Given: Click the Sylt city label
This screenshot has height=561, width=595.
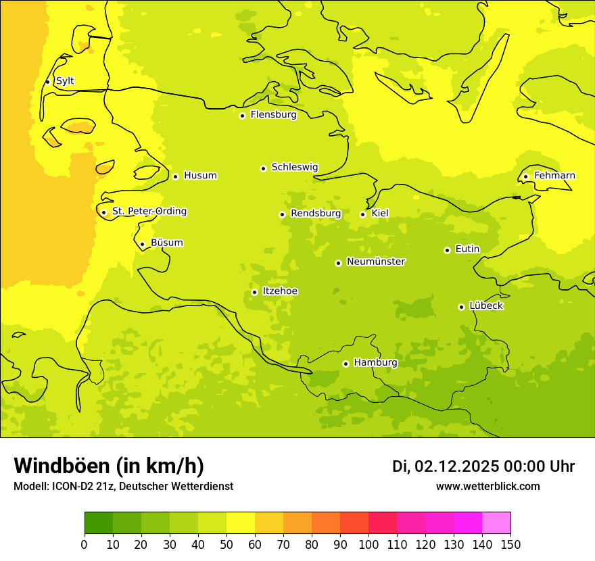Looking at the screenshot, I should (x=65, y=81).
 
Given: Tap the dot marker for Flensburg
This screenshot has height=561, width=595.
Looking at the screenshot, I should (x=242, y=116).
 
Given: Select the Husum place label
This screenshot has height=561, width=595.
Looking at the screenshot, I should (x=200, y=176).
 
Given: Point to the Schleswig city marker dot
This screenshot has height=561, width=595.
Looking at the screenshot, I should (x=263, y=168).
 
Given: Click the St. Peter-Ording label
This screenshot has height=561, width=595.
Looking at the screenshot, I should (x=149, y=212).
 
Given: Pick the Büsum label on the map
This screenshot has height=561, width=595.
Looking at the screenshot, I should (x=167, y=243).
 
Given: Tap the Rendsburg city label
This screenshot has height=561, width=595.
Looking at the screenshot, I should (x=316, y=214).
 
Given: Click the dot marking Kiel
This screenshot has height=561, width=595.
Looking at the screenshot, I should (x=362, y=214).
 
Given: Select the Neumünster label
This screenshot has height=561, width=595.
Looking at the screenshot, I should (x=376, y=262).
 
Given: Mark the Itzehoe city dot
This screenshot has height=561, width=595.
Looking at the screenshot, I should (x=254, y=292).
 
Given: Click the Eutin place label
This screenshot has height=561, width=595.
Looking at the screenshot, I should (x=467, y=249).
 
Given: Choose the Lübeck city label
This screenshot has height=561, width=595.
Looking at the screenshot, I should (x=486, y=306).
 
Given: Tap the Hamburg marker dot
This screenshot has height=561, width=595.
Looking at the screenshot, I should (x=346, y=364).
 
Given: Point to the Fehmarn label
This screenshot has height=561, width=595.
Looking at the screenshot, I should (x=554, y=176).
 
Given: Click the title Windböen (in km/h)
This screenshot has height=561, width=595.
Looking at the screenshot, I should (x=109, y=466).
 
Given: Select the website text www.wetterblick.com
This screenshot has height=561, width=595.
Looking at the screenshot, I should (x=487, y=486).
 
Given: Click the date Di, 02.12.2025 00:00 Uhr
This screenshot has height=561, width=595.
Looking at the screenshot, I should (x=483, y=466).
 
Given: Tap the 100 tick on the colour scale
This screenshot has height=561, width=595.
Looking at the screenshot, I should (x=368, y=544).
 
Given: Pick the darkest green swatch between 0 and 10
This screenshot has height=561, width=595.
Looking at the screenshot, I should (x=99, y=523).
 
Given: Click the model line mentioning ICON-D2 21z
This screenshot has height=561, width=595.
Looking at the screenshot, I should (x=123, y=486).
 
